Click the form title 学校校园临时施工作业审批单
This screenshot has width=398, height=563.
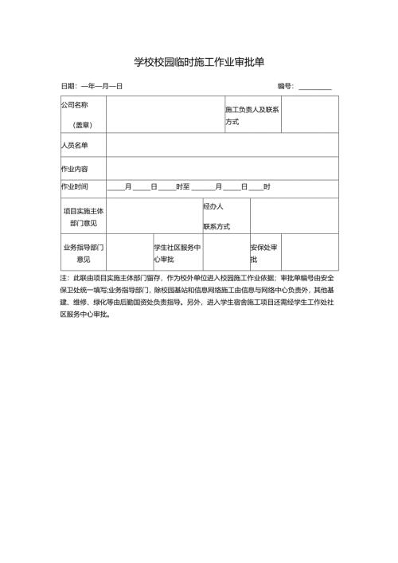pos(198,62)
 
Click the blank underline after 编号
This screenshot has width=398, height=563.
pos(315,86)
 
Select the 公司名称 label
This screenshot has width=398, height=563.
pos(74,104)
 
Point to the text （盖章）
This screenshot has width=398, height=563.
pos(83,124)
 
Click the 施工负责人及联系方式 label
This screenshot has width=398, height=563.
pos(251,115)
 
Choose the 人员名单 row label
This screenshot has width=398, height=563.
pos(74,145)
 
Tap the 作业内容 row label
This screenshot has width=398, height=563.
pos(74,169)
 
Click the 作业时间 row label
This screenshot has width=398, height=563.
pos(74,186)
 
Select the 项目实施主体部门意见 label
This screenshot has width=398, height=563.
pos(83,217)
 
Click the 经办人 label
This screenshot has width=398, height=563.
pos(213,206)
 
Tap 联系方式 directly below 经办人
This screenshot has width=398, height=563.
pos(217,226)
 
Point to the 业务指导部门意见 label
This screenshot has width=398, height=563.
pos(83,253)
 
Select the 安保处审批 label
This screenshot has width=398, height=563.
pos(263,253)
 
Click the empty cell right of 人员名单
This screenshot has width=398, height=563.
pos(222,145)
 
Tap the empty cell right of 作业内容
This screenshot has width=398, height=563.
pos(222,169)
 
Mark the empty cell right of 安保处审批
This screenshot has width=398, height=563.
pos(310,253)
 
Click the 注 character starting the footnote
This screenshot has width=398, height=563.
pos(64,279)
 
